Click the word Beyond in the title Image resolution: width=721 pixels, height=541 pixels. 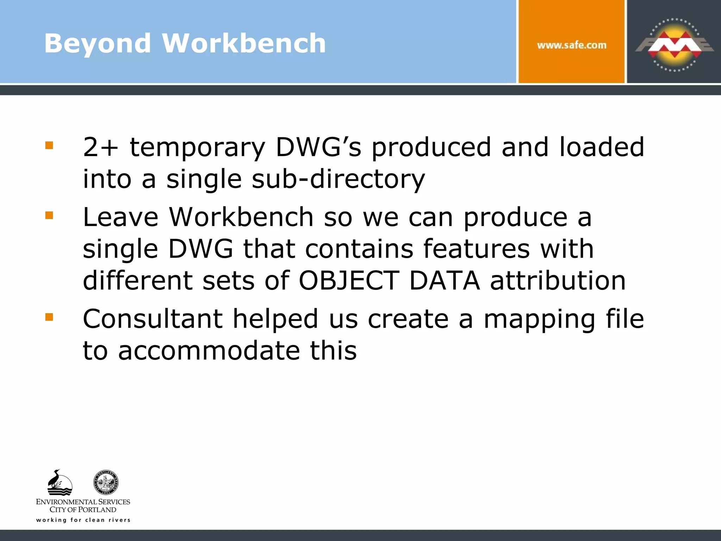pos(98,43)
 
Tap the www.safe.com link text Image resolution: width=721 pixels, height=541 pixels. pos(571,45)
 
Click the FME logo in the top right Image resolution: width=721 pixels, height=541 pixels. pos(674,45)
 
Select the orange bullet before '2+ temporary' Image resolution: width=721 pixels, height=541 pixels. pos(49,145)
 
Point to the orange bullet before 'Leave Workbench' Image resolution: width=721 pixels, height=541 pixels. pos(49,215)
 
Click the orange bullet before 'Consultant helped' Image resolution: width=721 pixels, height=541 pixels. pos(49,317)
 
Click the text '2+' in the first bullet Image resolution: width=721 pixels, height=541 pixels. pos(100,147)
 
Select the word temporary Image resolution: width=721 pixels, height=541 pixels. pos(197,148)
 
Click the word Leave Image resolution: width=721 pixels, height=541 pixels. pos(120,217)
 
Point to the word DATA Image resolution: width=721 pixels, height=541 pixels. pos(445,281)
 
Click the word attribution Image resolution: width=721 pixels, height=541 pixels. pos(558,281)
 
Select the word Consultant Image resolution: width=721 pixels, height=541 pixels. pos(152,319)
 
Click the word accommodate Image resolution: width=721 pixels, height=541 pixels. pos(209,351)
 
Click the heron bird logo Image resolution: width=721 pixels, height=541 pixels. pos(59,483)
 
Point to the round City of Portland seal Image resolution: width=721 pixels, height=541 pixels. pos(106,483)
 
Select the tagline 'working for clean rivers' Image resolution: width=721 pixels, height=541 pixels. pos(83,520)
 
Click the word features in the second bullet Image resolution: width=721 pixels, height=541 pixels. pos(476,249)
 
